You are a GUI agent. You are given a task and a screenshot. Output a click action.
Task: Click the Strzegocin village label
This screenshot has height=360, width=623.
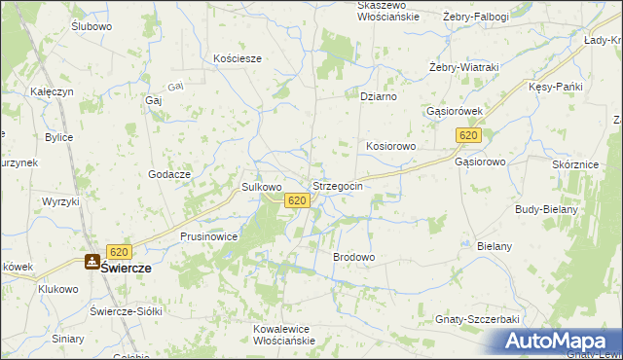[338, 186]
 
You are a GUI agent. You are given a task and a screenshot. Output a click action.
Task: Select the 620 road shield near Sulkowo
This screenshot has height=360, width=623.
[298, 200]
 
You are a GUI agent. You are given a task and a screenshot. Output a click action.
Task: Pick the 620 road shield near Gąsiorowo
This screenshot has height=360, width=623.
[469, 136]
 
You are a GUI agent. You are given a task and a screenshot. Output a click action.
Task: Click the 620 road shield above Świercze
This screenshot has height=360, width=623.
[119, 251]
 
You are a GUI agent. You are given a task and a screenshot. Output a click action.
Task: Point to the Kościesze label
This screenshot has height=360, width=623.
[238, 58]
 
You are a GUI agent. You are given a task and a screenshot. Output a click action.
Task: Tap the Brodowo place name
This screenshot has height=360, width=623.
[354, 257]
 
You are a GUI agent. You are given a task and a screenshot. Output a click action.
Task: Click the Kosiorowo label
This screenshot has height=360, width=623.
[391, 146]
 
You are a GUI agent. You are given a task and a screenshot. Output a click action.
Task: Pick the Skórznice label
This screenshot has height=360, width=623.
[574, 165]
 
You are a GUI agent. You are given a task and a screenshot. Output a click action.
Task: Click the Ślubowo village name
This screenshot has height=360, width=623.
[92, 26]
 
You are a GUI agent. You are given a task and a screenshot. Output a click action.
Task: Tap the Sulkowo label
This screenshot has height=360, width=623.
[261, 187]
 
